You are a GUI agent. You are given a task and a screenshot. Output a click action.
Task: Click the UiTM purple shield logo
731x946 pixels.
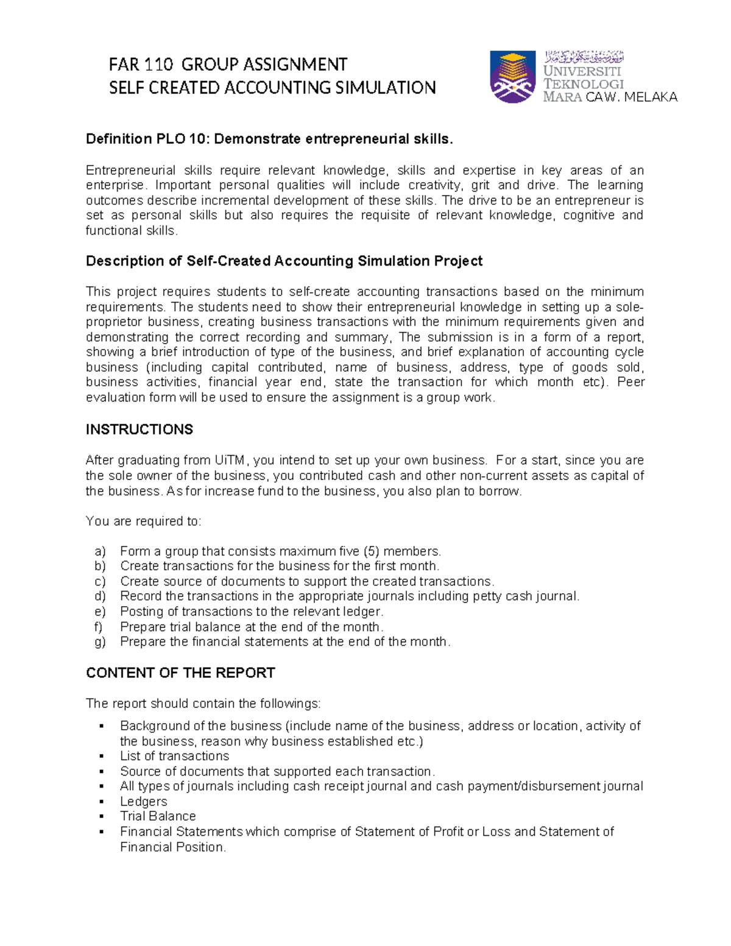[513, 77]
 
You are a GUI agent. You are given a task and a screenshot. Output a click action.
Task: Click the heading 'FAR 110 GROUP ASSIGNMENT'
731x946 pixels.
[228, 65]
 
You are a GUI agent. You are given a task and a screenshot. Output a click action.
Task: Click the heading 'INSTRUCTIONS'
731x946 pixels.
[139, 429]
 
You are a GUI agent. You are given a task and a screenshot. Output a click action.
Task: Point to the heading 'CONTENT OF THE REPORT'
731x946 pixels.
[180, 672]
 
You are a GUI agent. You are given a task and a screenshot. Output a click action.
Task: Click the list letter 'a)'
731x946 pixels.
[101, 551]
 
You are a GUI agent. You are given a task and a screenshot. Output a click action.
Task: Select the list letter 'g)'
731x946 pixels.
[101, 641]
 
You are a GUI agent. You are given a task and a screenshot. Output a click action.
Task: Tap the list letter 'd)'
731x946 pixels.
[101, 596]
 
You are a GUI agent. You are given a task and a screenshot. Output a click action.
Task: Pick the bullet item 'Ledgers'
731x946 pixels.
[144, 802]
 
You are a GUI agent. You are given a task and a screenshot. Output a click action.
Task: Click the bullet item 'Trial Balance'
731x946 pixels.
[158, 816]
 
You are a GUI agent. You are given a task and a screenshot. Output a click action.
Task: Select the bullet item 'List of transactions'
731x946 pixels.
[174, 756]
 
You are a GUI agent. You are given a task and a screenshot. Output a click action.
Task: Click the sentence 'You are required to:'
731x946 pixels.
[143, 521]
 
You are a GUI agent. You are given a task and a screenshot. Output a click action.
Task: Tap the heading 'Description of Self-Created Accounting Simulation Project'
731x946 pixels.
[284, 261]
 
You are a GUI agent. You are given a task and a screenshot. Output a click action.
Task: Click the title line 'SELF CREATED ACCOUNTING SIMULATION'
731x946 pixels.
[272, 88]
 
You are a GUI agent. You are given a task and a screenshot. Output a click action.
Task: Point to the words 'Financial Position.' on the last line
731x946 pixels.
[173, 847]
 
